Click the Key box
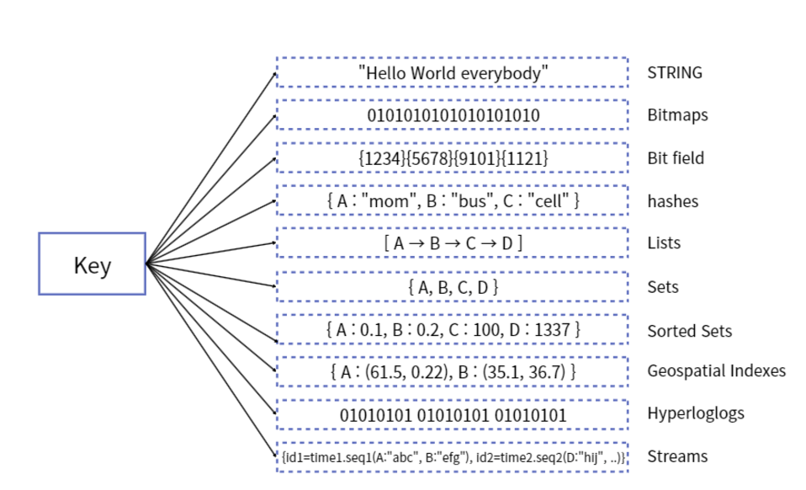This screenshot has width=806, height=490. (x=92, y=264)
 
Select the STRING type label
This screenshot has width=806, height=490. (x=674, y=72)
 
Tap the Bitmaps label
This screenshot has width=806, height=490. (x=677, y=115)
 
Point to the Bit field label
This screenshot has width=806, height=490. (x=676, y=158)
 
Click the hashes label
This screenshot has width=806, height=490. (x=672, y=201)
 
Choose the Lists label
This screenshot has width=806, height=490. (x=664, y=243)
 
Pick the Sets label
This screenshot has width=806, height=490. (x=663, y=287)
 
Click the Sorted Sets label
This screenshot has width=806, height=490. (x=689, y=331)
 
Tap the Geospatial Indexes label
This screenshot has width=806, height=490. (x=716, y=370)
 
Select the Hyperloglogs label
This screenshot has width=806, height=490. (x=696, y=413)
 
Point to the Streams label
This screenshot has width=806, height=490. (x=677, y=457)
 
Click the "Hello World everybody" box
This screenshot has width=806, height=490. (x=453, y=72)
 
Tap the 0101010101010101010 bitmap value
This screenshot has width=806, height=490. (x=453, y=115)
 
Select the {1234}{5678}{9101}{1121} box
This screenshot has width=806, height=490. (x=453, y=158)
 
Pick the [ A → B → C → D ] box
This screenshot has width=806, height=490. (x=453, y=243)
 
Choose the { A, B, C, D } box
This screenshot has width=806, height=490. (x=453, y=287)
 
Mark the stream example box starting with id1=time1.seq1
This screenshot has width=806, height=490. (x=453, y=457)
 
